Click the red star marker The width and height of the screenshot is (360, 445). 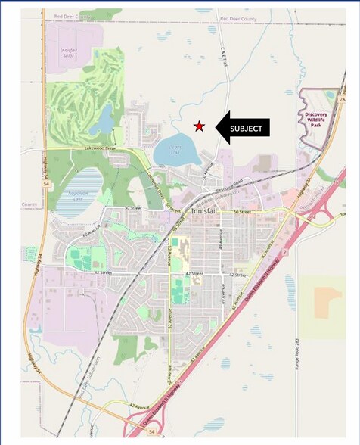click(199, 126)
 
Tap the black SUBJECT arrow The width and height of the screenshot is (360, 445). click(242, 128)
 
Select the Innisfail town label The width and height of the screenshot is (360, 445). click(203, 212)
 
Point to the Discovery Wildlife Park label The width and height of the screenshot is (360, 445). click(317, 120)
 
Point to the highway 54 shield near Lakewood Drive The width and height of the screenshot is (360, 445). click(46, 183)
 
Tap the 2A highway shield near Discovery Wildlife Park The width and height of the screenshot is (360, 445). click(341, 99)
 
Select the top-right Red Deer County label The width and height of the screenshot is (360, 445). click(238, 17)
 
